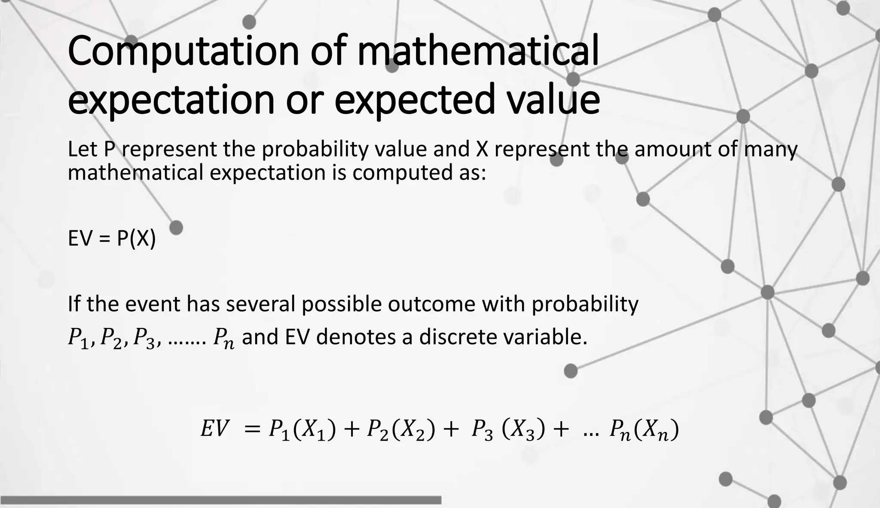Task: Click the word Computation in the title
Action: point(183,52)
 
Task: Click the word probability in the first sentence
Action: point(315,149)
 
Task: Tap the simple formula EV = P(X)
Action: point(112,239)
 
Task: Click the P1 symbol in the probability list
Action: point(78,338)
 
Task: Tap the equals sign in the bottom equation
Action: point(252,429)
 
